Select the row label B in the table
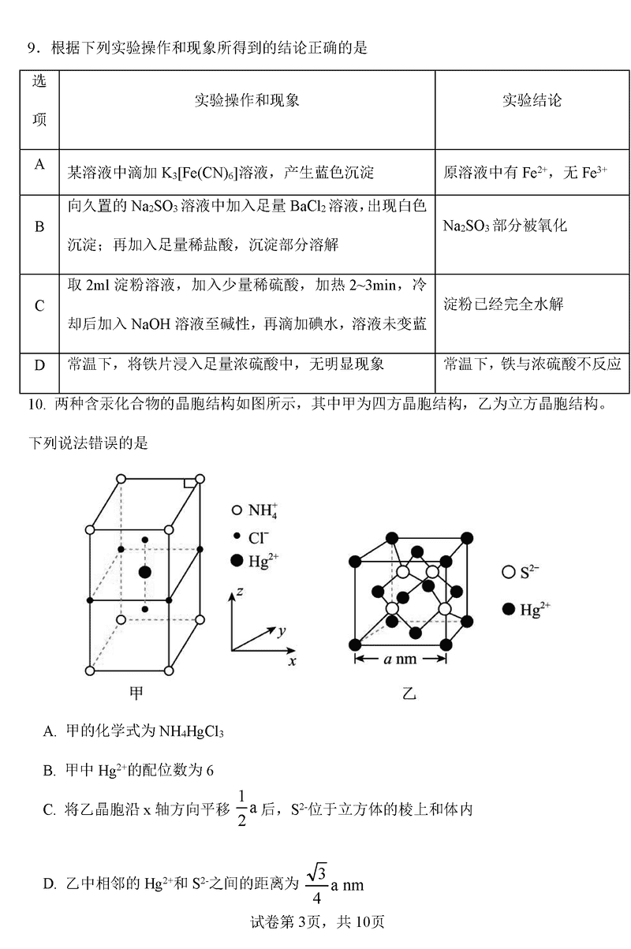click(39, 226)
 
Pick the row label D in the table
click(39, 365)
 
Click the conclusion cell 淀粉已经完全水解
click(503, 305)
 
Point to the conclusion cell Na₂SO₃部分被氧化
click(505, 226)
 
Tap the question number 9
click(33, 48)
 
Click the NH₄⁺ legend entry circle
click(237, 510)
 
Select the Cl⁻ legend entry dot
click(237, 536)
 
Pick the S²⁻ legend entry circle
click(508, 573)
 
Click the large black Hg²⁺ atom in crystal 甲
click(144, 571)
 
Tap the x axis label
click(293, 661)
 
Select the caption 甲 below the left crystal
click(137, 693)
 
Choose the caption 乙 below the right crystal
click(409, 693)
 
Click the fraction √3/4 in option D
click(315, 884)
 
